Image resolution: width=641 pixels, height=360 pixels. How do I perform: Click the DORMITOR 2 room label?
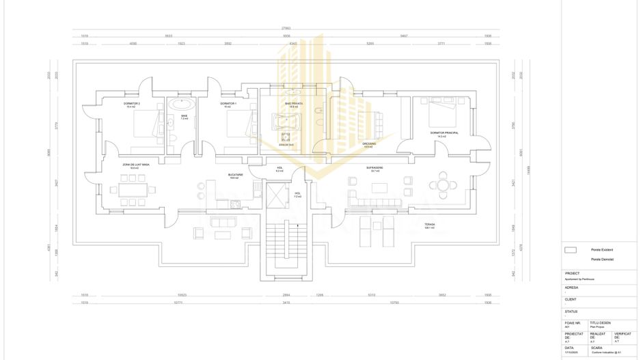coord(132,104)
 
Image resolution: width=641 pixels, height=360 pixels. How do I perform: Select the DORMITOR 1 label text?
coord(228,104)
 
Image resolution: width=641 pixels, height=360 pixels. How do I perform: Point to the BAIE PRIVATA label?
coord(294,104)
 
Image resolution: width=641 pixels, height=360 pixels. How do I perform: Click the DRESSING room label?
coord(368,144)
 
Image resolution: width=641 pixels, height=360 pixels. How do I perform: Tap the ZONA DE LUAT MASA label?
coord(132,165)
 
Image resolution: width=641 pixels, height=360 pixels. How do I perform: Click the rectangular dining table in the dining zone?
coord(133,188)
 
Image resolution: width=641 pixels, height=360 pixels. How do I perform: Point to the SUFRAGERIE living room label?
coord(374,167)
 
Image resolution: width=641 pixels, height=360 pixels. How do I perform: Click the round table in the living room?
coord(444,184)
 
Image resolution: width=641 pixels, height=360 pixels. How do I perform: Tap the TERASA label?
coord(429,224)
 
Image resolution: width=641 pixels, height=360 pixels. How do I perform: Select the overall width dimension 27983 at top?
coord(286,28)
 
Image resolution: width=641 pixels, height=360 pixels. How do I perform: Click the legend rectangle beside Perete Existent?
coord(571,250)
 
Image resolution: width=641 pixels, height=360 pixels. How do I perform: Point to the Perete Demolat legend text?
coord(602,260)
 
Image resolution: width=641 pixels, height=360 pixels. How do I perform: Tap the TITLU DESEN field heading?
coord(600,322)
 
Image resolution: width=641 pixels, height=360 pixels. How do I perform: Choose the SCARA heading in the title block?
coord(597,347)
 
